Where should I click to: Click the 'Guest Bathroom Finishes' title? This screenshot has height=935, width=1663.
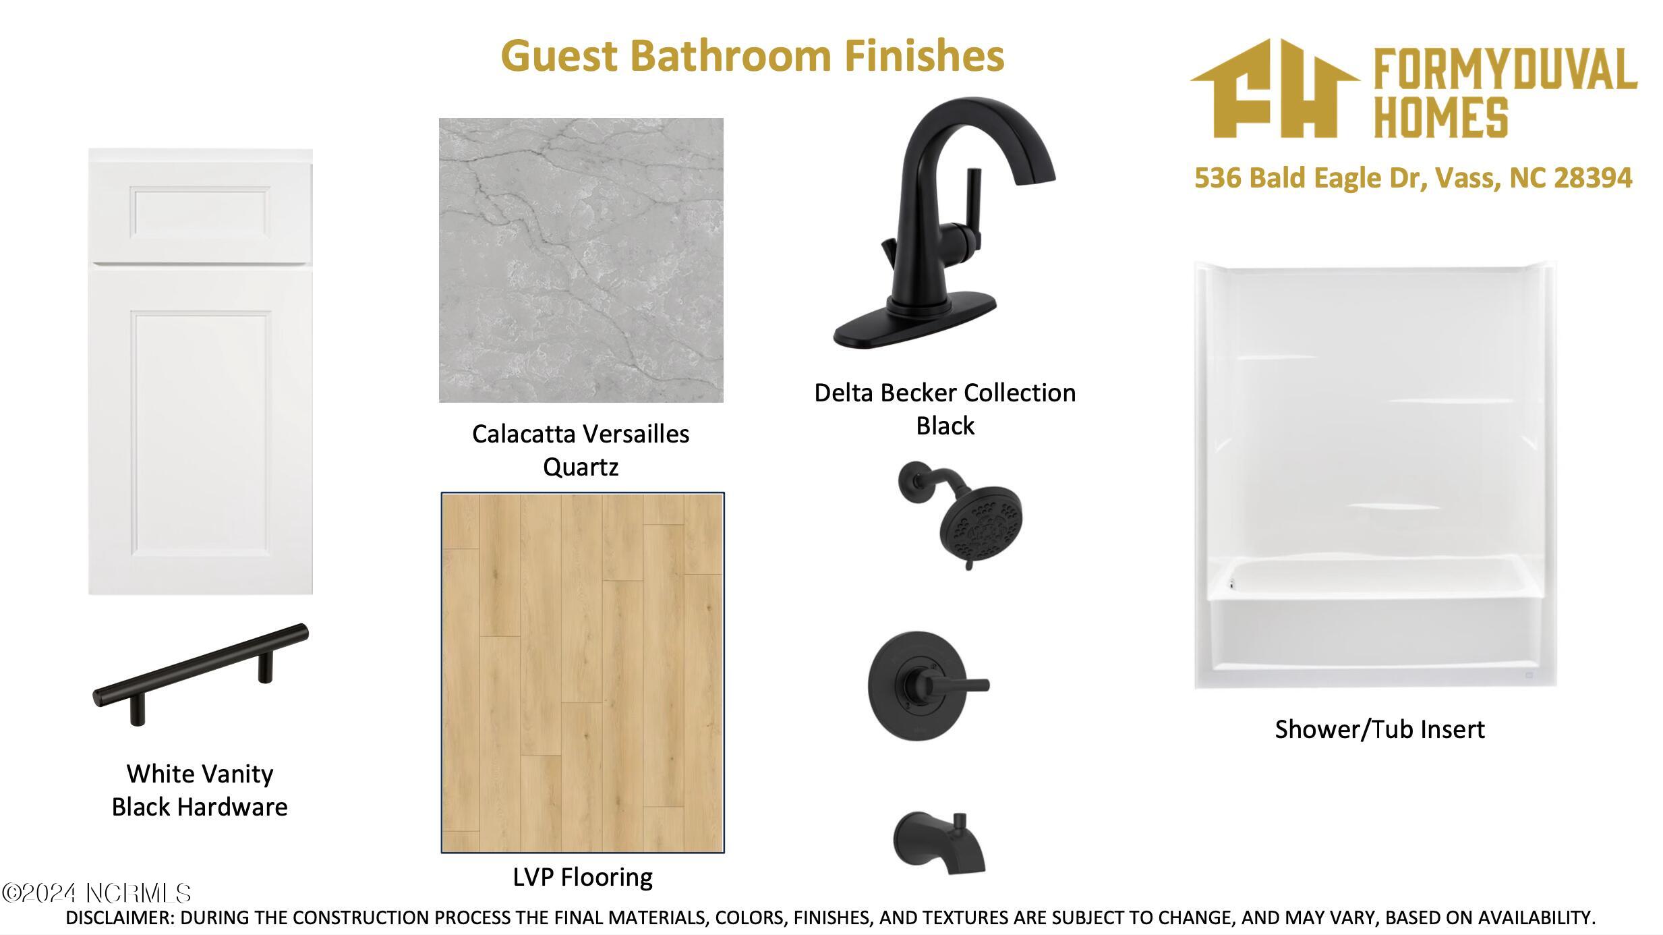753,55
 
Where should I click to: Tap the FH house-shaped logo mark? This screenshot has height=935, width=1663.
1274,88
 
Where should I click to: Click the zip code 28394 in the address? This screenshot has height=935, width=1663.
1593,177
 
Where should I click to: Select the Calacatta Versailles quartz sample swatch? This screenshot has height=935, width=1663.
581,260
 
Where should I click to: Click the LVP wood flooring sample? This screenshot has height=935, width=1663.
583,673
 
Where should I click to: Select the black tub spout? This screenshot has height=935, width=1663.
939,843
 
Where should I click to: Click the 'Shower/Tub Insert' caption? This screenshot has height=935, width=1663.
1379,729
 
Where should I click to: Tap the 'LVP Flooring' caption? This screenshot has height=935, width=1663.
583,877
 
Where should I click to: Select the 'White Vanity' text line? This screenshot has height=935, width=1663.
200,774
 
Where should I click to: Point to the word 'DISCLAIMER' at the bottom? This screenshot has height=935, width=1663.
119,917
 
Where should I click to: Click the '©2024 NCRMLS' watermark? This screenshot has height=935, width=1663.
96,893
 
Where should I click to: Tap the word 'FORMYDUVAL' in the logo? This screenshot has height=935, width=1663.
1505,69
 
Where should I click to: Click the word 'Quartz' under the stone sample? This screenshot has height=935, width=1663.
581,467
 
